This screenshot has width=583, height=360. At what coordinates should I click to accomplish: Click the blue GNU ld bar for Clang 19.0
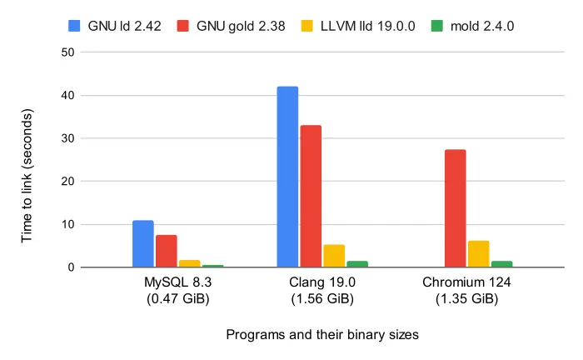click(x=287, y=177)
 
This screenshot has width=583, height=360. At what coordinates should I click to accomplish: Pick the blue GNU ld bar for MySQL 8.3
click(x=143, y=243)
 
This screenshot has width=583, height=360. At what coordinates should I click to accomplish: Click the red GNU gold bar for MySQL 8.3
click(x=166, y=251)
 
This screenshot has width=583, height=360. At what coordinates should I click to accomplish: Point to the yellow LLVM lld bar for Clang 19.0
click(x=334, y=256)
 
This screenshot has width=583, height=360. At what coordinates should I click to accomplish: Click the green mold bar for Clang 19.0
click(x=357, y=263)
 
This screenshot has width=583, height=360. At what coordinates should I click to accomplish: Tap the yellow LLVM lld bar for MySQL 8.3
click(x=189, y=263)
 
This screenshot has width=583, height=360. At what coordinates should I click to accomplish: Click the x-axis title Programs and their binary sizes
click(x=321, y=334)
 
